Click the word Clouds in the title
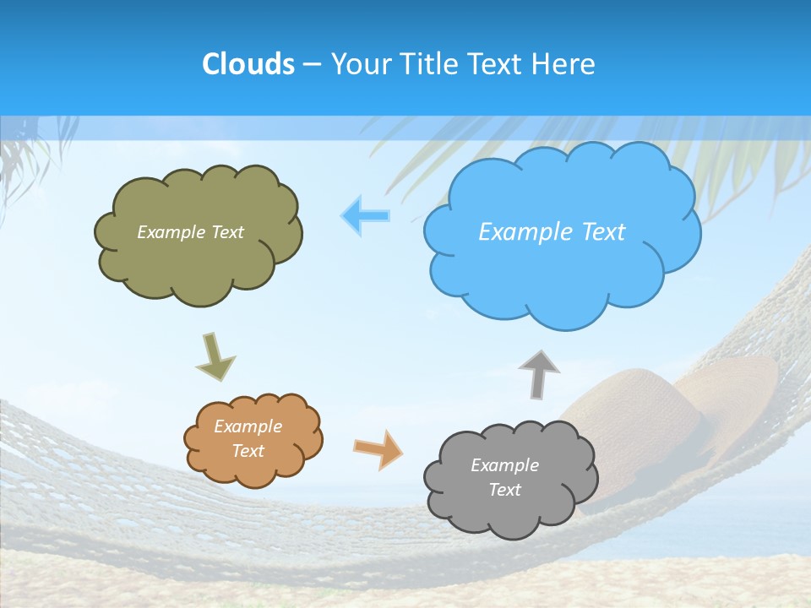click(248, 63)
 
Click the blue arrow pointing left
click(366, 215)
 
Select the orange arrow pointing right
click(378, 448)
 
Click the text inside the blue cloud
click(552, 232)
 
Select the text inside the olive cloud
click(190, 232)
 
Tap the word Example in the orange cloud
click(248, 426)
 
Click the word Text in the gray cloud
click(504, 490)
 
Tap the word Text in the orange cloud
click(248, 451)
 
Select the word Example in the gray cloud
click(504, 465)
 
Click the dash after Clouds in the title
click(312, 64)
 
